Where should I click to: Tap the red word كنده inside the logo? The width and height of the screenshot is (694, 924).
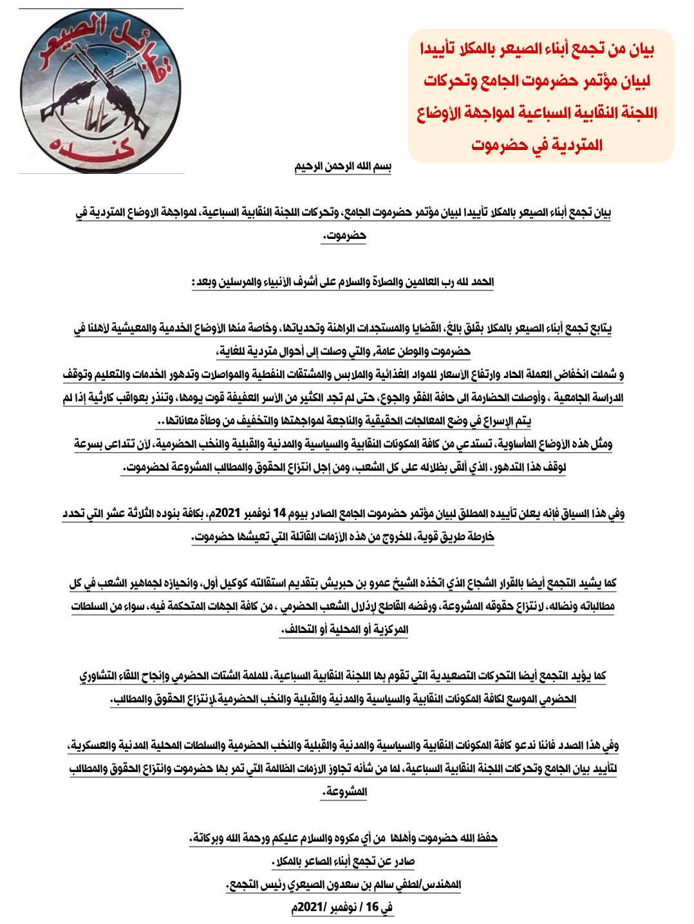pyautogui.click(x=93, y=149)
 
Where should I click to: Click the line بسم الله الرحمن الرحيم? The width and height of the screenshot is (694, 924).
pyautogui.click(x=343, y=167)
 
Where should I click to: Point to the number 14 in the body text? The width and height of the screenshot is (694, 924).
pyautogui.click(x=279, y=513)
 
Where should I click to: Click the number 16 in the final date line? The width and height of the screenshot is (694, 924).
pyautogui.click(x=372, y=907)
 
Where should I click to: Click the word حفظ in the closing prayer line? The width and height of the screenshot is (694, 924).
pyautogui.click(x=487, y=838)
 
